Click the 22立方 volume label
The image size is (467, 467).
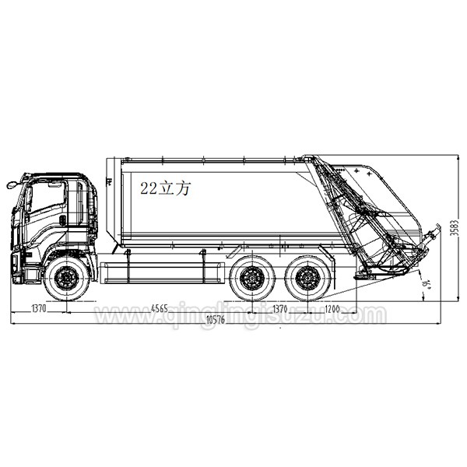click(165, 188)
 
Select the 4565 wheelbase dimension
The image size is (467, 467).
click(159, 308)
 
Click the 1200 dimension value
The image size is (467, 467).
click(332, 308)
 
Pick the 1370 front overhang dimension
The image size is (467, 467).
click(39, 308)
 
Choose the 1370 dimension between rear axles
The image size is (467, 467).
click(278, 308)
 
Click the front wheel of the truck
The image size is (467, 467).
click(67, 278)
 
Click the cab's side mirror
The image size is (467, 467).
click(11, 185)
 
